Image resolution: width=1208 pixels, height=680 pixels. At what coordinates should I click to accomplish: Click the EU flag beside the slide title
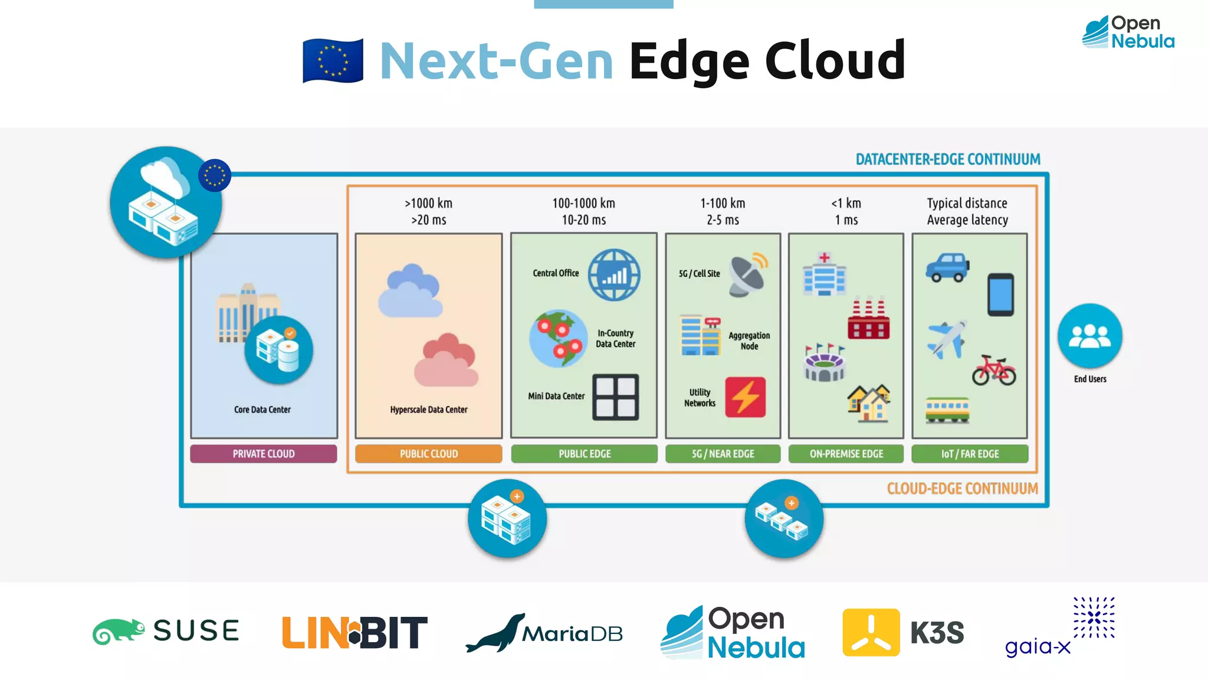(x=333, y=61)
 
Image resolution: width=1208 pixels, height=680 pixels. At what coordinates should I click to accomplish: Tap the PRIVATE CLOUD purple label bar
(x=264, y=453)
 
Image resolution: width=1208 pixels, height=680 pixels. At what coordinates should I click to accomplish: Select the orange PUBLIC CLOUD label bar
(x=429, y=453)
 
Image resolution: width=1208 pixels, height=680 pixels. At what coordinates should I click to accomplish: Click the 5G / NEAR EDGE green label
(x=723, y=453)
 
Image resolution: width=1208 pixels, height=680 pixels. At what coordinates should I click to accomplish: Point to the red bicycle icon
(x=994, y=370)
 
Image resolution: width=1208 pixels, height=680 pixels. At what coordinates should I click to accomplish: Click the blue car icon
(x=947, y=267)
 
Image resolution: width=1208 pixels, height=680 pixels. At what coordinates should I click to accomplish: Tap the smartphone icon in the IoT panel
(x=1001, y=295)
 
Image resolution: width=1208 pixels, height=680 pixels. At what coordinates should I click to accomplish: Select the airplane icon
(x=947, y=339)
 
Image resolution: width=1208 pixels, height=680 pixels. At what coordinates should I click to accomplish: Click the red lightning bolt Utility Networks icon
(x=746, y=397)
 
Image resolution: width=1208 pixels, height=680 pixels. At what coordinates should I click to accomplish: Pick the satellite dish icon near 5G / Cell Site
(x=748, y=274)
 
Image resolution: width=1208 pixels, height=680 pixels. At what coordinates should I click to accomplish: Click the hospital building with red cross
(x=824, y=274)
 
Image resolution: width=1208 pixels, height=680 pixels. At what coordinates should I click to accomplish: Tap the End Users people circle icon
(x=1089, y=336)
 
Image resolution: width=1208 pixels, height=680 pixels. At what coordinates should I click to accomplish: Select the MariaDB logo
(x=544, y=633)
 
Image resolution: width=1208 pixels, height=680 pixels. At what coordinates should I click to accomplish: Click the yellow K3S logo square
(x=871, y=632)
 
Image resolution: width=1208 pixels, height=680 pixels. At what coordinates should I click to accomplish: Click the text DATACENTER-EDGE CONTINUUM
(x=948, y=159)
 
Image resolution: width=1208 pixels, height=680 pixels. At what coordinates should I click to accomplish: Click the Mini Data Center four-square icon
(x=615, y=397)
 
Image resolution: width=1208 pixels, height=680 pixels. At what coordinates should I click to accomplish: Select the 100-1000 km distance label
(x=583, y=204)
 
